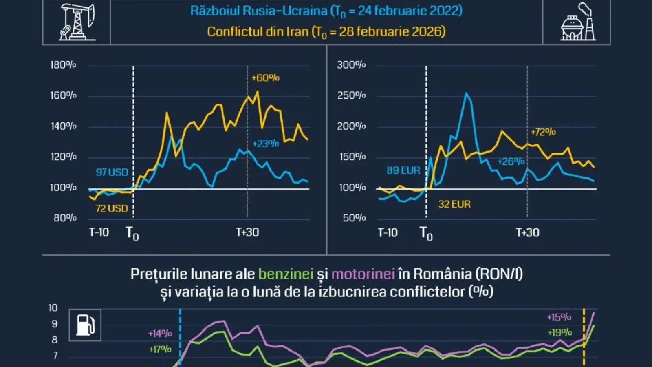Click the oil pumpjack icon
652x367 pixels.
pyautogui.click(x=77, y=22)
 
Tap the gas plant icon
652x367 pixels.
pyautogui.click(x=578, y=22)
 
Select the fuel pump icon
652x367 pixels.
pyautogui.click(x=85, y=325)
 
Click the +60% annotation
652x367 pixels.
pyautogui.click(x=266, y=78)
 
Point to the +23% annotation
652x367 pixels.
pyautogui.click(x=266, y=144)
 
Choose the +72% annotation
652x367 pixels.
pyautogui.click(x=543, y=132)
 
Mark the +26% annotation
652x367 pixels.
pyautogui.click(x=511, y=161)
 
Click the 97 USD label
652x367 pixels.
pyautogui.click(x=112, y=172)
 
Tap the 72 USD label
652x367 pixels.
pyautogui.click(x=112, y=208)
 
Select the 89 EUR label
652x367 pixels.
pyautogui.click(x=403, y=170)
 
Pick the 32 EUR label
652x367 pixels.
pyautogui.click(x=454, y=204)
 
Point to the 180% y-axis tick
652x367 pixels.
pyautogui.click(x=63, y=65)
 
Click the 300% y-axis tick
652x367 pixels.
pyautogui.click(x=351, y=65)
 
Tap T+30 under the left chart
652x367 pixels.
pyautogui.click(x=247, y=232)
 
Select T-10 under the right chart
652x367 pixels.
pyautogui.click(x=388, y=232)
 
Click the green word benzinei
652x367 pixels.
pyautogui.click(x=286, y=274)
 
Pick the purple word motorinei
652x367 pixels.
pyautogui.click(x=363, y=274)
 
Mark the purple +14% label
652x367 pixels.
pyautogui.click(x=160, y=334)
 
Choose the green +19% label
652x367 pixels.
pyautogui.click(x=560, y=332)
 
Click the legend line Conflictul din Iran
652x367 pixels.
pyautogui.click(x=326, y=32)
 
